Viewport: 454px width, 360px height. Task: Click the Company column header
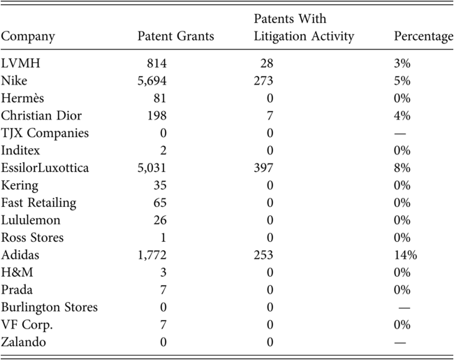[28, 37]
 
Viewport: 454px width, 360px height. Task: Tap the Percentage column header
[423, 37]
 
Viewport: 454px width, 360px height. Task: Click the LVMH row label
[22, 64]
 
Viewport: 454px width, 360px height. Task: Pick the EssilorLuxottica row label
[45, 168]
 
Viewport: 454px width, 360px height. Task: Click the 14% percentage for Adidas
[406, 255]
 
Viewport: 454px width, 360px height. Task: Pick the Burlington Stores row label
[50, 307]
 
